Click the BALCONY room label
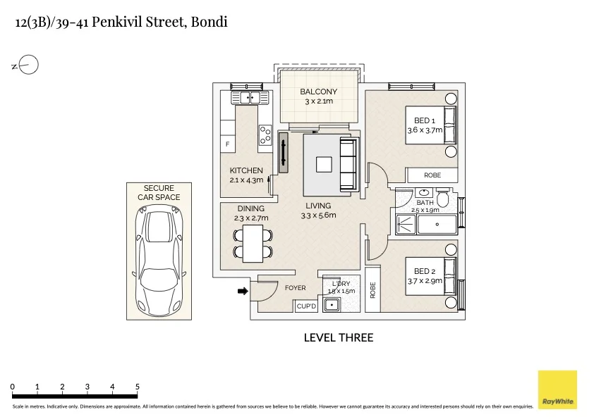coord(318,92)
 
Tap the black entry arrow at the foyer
coord(243,291)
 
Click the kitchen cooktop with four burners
coord(265,135)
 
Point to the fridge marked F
coord(227,144)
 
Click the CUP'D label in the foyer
coord(306,306)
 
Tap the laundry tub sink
coord(332,304)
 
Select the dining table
coord(253,244)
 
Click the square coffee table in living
coord(324,165)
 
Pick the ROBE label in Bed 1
coord(432,175)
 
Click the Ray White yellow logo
coord(557,389)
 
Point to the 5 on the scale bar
coord(137,387)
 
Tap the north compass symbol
coord(25,65)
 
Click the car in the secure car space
coord(159,261)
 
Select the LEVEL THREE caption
coord(339,337)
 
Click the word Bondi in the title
coord(209,22)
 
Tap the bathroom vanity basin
coord(425,192)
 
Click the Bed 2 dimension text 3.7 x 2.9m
coord(425,280)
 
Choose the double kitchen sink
coord(250,98)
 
